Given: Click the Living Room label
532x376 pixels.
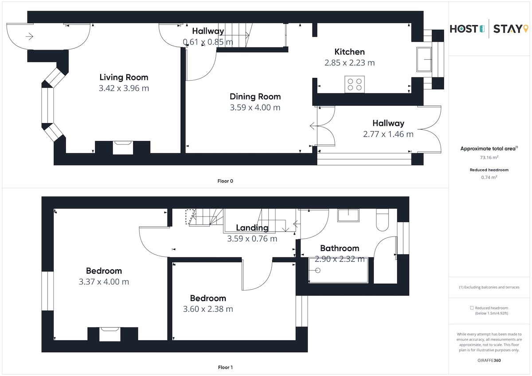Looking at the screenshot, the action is tap(124, 78).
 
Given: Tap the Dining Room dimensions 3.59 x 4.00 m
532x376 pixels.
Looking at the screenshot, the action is tap(255, 108).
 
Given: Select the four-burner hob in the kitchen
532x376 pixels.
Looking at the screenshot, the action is tap(355, 85).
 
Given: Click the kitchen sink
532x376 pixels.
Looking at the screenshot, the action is tap(424, 59).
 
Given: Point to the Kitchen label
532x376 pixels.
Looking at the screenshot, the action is tap(349, 52).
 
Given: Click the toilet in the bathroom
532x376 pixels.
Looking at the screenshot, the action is tap(382, 220).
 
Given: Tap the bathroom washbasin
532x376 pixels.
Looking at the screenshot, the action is tap(348, 215).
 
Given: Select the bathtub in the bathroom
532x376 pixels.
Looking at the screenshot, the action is tap(338, 270).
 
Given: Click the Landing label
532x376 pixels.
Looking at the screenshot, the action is tap(252, 228).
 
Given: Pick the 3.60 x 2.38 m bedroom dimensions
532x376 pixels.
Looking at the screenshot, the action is tap(208, 309).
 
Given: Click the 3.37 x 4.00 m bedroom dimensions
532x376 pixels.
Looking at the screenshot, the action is tap(104, 282).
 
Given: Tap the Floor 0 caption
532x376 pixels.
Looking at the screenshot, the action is tap(225, 181).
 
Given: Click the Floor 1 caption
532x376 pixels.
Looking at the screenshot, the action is tap(225, 367).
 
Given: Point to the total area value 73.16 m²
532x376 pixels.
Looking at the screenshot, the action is tap(489, 157).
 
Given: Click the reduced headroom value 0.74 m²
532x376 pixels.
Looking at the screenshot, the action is tap(489, 177).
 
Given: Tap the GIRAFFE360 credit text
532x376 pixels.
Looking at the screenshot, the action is tap(489, 360).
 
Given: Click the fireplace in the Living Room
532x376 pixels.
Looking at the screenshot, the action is tap(123, 148).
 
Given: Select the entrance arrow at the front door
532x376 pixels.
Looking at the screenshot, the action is tap(29, 36).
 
